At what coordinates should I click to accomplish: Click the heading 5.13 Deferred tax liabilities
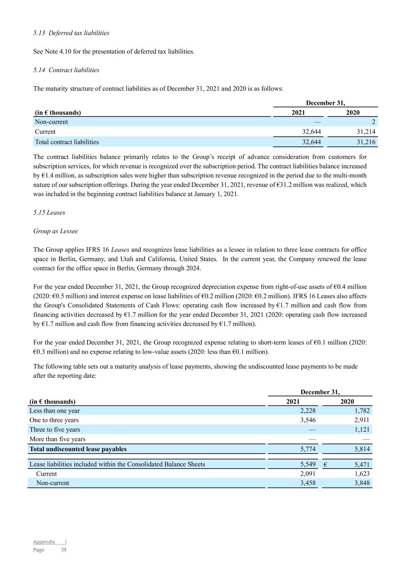71,33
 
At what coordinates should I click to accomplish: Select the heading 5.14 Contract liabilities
66,70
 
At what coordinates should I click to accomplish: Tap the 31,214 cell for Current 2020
366,131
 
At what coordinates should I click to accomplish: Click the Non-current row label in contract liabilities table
51,122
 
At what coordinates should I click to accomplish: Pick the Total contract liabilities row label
67,142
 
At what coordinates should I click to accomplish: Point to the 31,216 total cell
366,142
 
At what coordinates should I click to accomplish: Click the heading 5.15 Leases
49,212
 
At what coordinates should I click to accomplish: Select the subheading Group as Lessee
56,231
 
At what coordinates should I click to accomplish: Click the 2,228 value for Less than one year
308,411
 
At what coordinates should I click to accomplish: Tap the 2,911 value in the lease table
361,420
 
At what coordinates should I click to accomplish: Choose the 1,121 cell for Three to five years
361,430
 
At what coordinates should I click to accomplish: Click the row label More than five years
57,439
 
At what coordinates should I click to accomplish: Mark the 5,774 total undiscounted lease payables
308,449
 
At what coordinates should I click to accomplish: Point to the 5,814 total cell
361,449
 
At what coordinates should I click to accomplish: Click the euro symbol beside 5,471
325,465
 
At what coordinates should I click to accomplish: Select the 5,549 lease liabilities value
308,464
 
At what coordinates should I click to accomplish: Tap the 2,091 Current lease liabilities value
308,474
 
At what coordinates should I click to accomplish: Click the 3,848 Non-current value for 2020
361,483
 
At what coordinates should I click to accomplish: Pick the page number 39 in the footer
63,550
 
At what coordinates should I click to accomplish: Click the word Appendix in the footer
44,542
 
